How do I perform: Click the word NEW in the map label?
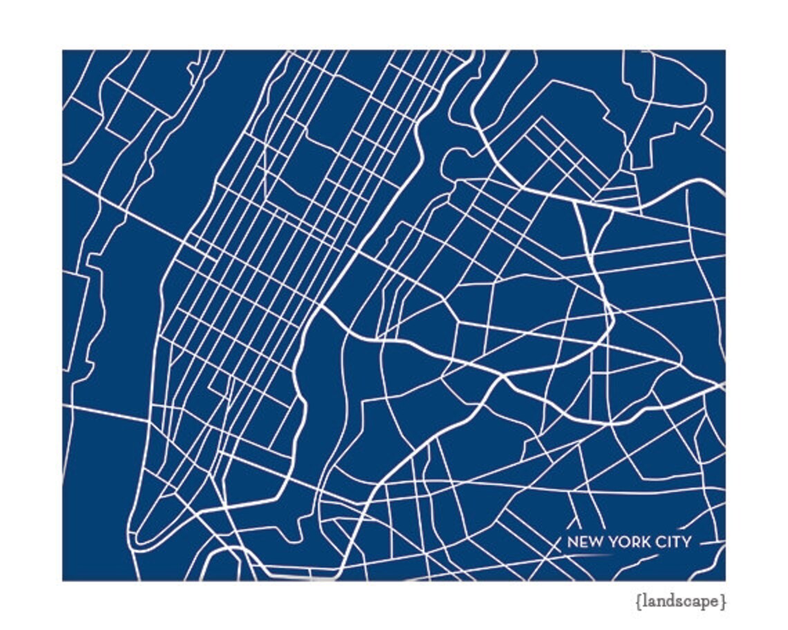pos(582,542)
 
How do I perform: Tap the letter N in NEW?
pos(572,542)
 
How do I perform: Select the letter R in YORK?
pos(632,542)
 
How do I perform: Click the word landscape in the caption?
pos(680,602)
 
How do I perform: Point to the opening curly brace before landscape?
pos(637,602)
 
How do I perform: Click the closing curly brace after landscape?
pos(724,602)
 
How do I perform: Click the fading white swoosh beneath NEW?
pos(588,555)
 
